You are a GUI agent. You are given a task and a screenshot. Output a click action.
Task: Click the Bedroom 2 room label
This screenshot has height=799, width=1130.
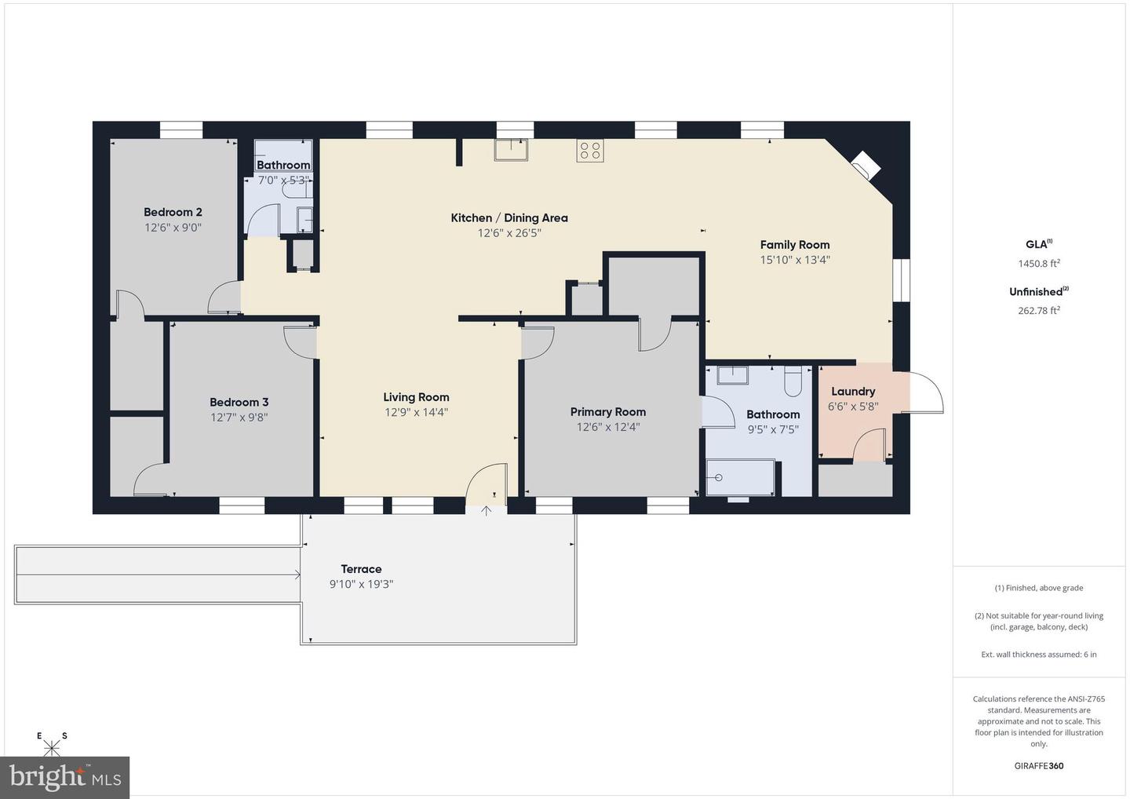(173, 212)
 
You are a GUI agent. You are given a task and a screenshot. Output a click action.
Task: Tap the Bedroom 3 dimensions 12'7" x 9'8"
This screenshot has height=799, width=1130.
(239, 417)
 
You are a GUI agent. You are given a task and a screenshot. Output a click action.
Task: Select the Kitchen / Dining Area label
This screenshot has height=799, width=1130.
(509, 218)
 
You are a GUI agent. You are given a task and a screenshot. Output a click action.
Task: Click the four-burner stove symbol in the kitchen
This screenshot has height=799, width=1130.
(590, 151)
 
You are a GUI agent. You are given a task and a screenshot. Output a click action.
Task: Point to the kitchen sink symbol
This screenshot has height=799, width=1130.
(511, 150)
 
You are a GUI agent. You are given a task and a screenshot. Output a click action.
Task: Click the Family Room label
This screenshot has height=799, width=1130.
(794, 245)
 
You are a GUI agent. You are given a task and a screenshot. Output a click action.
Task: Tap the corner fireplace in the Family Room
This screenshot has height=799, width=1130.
(866, 165)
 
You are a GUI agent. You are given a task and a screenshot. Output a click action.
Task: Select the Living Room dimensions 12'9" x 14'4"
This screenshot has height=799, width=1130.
(416, 412)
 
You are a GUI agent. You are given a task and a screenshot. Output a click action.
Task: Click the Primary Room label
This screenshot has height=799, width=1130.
(608, 411)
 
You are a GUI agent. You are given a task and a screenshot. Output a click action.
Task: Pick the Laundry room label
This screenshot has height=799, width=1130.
(853, 392)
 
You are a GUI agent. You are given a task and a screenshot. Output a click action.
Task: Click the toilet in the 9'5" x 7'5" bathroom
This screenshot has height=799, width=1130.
(793, 381)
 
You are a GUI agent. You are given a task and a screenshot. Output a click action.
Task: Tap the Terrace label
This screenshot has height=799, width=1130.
(361, 569)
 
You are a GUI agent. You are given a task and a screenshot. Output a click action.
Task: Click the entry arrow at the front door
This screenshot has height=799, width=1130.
(486, 511)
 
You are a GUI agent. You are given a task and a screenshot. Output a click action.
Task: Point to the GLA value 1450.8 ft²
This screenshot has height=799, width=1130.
(1039, 263)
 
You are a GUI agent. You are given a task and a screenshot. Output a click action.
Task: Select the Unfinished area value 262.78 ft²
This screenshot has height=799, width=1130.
(1039, 310)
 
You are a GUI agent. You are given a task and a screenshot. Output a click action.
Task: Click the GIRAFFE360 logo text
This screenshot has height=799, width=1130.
(1039, 766)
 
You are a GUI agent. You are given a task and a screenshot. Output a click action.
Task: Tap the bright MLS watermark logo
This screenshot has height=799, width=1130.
(64, 777)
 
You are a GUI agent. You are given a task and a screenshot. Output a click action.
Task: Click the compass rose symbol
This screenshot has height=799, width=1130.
(52, 745)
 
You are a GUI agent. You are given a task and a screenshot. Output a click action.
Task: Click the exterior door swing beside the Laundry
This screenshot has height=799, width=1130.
(922, 393)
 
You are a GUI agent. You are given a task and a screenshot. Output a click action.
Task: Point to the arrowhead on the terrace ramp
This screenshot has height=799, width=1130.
(297, 575)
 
